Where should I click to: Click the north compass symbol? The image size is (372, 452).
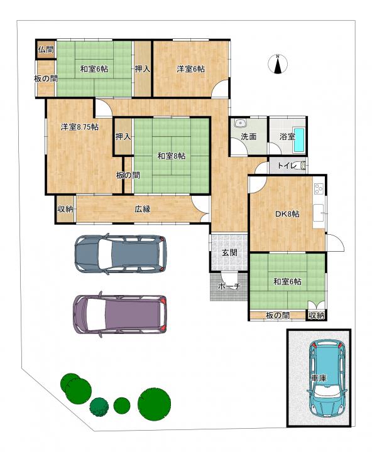[x=277, y=64]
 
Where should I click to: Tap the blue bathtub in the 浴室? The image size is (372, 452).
[x=299, y=140]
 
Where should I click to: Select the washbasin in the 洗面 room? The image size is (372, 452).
[x=239, y=124]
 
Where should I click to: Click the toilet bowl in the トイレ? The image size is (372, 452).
[x=303, y=166]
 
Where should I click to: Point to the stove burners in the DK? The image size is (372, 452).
[x=319, y=189]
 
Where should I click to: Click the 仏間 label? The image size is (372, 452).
[x=46, y=50]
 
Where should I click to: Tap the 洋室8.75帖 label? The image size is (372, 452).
[x=79, y=127]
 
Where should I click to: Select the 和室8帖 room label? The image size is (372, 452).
[x=171, y=156]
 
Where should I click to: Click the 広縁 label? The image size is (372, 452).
[x=143, y=209]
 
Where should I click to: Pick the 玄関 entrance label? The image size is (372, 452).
[x=229, y=252]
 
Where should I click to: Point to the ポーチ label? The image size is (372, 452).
[x=229, y=286]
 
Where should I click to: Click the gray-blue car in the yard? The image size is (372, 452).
[x=121, y=254]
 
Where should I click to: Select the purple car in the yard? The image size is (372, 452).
[x=120, y=315]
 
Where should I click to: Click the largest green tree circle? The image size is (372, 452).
[x=154, y=404]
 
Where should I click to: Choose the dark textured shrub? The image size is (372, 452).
[x=99, y=407]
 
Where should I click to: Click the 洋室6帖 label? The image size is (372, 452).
[x=191, y=69]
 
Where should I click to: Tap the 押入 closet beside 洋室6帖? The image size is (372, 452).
[x=142, y=69]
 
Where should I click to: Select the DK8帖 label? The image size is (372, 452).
[x=287, y=214]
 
